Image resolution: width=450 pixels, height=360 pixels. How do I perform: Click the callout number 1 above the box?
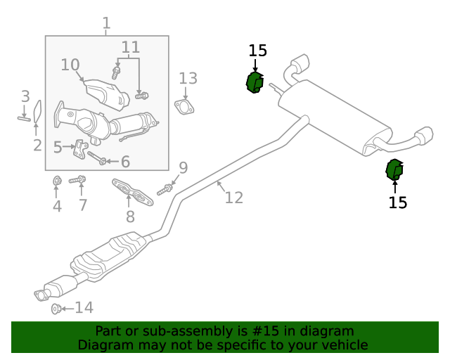point(106,24)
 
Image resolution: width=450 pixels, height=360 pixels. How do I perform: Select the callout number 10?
point(70,65)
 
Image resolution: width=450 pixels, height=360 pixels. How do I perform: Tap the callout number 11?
point(131,48)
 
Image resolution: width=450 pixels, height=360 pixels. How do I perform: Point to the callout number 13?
point(188,78)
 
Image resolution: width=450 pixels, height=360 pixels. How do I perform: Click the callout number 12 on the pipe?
point(233,198)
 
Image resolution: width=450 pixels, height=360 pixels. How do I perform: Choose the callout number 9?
point(183,167)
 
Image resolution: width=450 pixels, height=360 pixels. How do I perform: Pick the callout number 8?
point(130,217)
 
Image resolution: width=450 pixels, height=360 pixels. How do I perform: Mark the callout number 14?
point(84,307)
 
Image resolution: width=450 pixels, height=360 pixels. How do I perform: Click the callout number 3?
point(25,96)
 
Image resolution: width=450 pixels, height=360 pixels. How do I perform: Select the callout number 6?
point(125,162)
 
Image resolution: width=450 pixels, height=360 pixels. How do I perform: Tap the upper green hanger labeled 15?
point(254,82)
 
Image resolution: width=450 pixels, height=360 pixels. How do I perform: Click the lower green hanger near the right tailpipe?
point(395,170)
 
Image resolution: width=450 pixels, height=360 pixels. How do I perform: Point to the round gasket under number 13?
point(184,107)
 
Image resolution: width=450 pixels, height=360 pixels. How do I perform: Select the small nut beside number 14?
point(56,309)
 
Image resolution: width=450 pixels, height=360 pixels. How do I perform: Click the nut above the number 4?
point(57,182)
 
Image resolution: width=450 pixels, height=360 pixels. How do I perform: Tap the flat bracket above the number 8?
point(133,192)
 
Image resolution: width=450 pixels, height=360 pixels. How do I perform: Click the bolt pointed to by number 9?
point(166,188)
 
